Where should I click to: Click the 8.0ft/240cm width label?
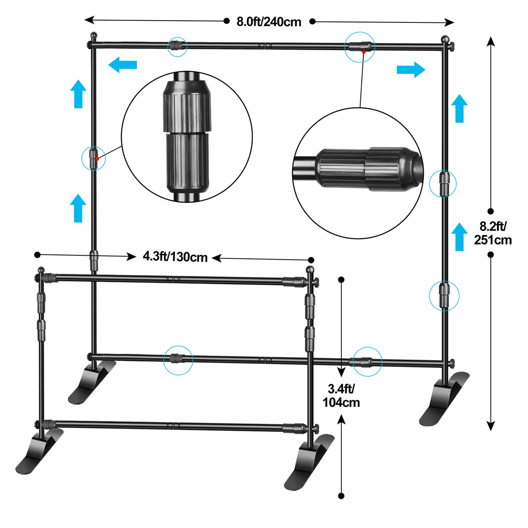click(269, 22)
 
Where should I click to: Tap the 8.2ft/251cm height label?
click(493, 233)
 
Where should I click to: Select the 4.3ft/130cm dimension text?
click(175, 257)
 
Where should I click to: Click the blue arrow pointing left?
click(122, 65)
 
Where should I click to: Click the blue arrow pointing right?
click(411, 70)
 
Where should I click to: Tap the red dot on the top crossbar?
click(363, 52)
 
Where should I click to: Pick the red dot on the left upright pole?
click(97, 159)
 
